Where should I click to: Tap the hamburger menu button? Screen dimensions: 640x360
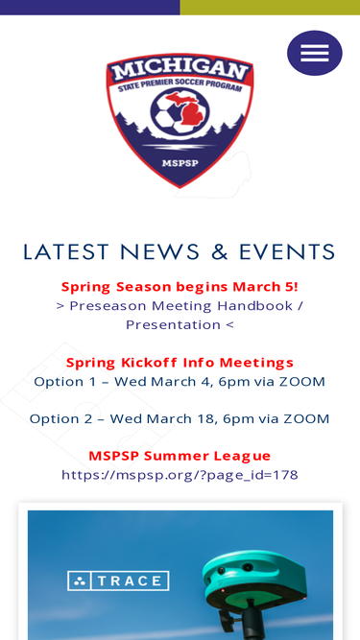click(x=314, y=53)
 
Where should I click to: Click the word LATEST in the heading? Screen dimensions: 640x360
click(x=66, y=252)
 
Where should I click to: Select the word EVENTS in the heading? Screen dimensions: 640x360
click(x=287, y=252)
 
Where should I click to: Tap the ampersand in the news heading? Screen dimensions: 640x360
click(x=220, y=252)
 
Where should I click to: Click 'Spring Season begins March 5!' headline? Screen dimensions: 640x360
click(x=180, y=287)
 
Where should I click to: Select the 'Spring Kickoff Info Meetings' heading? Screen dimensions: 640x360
click(x=180, y=363)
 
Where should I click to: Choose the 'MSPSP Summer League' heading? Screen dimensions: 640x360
click(x=180, y=456)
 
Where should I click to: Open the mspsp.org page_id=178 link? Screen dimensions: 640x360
click(x=180, y=474)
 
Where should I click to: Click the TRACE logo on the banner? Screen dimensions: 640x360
click(x=118, y=581)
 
